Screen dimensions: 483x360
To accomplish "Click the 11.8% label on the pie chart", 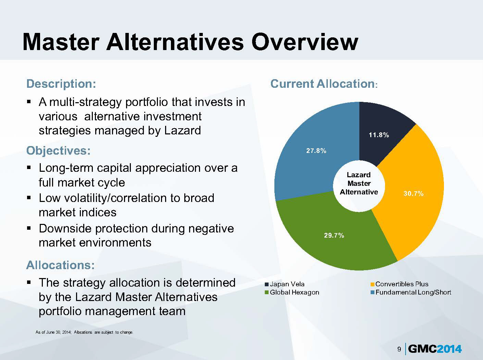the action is (x=379, y=135).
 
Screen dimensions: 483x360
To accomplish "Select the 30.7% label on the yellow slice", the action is (x=413, y=193).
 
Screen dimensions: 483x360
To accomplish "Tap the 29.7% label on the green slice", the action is (x=334, y=235).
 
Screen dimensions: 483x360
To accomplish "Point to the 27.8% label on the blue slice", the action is (x=316, y=151).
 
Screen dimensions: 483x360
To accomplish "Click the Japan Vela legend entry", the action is (x=285, y=284).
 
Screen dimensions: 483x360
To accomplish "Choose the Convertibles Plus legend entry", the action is (x=399, y=284).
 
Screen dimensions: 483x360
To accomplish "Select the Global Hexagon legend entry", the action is (x=292, y=292).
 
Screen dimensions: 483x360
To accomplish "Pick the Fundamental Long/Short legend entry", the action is (x=411, y=292).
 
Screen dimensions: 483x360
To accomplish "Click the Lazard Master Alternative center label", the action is (x=359, y=183).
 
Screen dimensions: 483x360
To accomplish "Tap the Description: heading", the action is (x=61, y=84).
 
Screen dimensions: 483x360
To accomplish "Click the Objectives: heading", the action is (x=58, y=151).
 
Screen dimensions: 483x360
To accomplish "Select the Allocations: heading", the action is (x=61, y=265).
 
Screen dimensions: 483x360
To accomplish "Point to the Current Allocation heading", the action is (x=324, y=84).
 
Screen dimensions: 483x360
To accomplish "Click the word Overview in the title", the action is (x=305, y=42).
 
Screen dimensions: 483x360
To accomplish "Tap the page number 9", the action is (x=399, y=349).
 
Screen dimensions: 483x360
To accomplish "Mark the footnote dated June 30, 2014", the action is (x=84, y=332).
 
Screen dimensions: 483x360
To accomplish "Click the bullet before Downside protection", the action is (x=29, y=228).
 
